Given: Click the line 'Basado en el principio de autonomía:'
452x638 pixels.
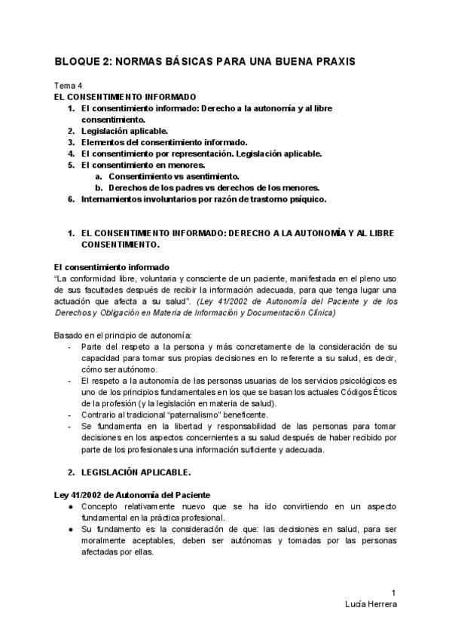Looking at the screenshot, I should point(123,334).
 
